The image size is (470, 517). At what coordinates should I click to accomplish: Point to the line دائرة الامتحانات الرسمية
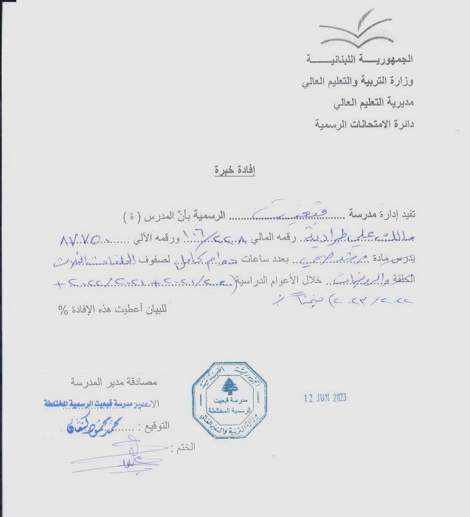(x=364, y=124)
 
